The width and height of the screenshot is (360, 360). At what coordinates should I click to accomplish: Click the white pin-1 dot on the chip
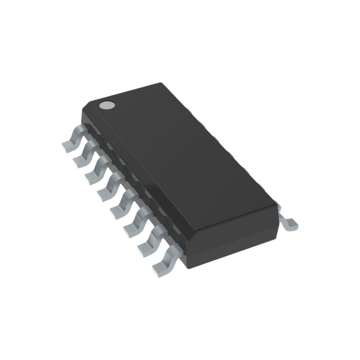pos(107,105)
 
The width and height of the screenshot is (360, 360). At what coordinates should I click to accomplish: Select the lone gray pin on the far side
pos(288,222)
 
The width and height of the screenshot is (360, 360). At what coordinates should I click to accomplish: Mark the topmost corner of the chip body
pos(160,83)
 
